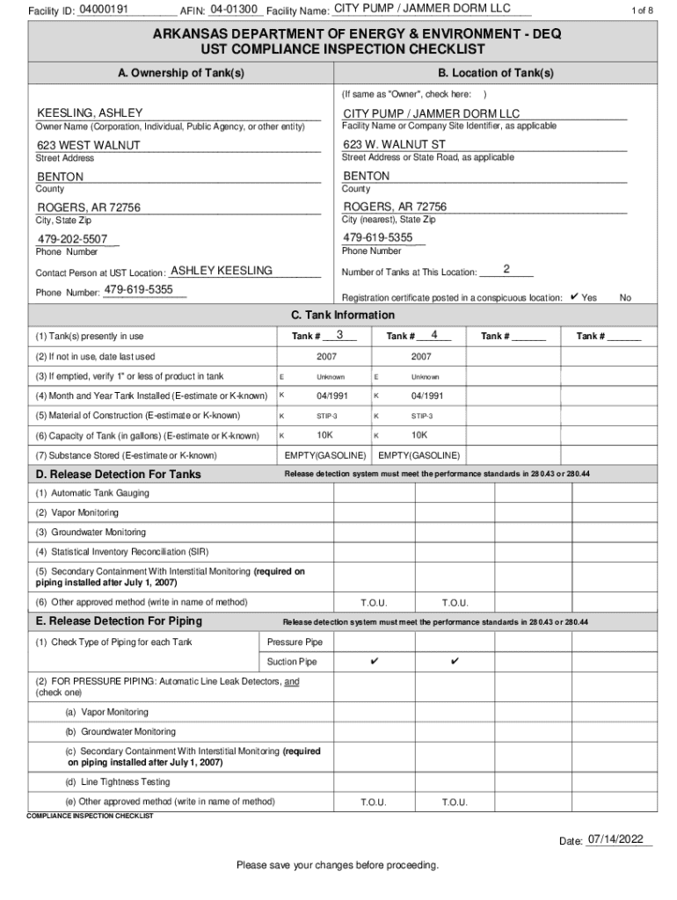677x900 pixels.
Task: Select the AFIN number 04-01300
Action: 234,9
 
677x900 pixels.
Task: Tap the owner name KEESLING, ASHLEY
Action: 90,113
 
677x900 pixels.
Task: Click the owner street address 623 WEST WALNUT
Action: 88,145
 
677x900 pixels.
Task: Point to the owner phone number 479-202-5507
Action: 72,239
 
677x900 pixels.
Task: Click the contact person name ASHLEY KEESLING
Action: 221,271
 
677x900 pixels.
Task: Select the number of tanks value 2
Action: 507,268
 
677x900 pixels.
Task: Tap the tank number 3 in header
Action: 339,335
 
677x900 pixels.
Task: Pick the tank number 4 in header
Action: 434,335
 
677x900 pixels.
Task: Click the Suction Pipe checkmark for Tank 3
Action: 374,661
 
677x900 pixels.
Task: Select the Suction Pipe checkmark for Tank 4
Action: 455,661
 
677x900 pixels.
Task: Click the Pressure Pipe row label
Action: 295,642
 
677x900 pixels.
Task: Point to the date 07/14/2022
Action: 620,839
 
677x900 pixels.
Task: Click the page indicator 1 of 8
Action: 643,11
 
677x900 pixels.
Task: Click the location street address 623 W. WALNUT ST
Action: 395,144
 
